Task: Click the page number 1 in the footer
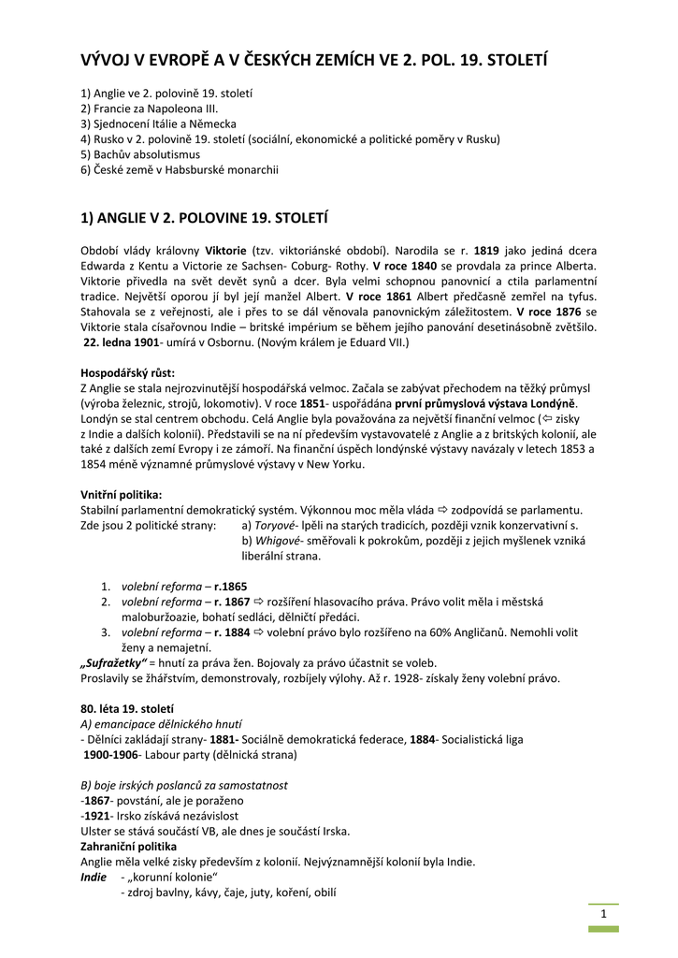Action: [x=604, y=913]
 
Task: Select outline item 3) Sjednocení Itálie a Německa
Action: [x=158, y=124]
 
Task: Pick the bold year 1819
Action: [x=486, y=251]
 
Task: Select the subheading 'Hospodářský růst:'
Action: [x=127, y=372]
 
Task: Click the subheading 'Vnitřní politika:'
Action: [x=122, y=494]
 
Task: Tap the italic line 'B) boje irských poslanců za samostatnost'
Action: [x=184, y=785]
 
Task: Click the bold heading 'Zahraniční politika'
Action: [x=129, y=846]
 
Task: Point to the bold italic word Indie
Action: [x=94, y=877]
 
